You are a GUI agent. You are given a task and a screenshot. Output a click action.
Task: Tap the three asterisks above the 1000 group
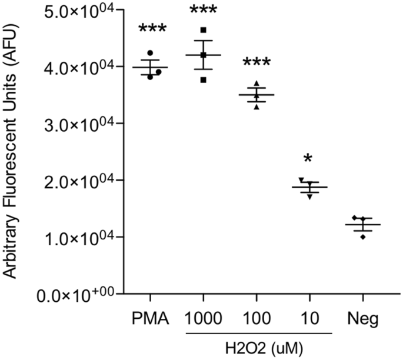pos(203,11)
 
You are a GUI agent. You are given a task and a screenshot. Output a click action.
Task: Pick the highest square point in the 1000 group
pos(203,30)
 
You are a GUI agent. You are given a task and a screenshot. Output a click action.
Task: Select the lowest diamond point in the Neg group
pos(362,236)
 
